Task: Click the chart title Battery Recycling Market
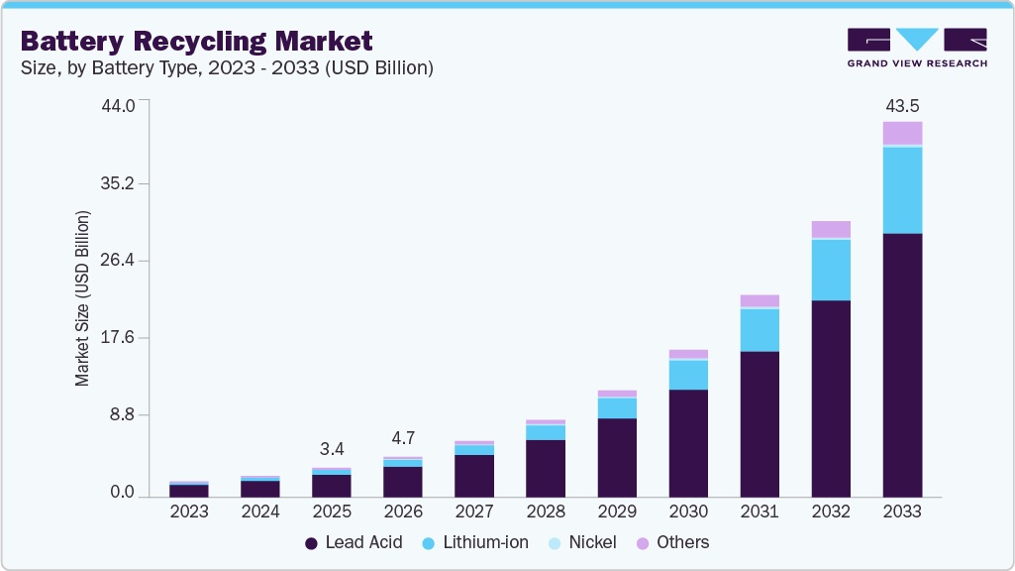tap(196, 41)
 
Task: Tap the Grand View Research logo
tap(916, 48)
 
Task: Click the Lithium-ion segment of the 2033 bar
tap(902, 190)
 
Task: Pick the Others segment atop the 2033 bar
tap(902, 133)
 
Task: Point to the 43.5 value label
tap(902, 105)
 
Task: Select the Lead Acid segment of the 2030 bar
tap(688, 443)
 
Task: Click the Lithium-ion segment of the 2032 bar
tap(831, 270)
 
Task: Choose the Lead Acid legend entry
tap(354, 542)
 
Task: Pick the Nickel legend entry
tap(581, 542)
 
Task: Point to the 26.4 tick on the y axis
tap(127, 261)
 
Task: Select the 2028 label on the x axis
tap(546, 513)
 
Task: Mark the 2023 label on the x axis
tap(189, 513)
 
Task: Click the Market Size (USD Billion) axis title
tap(83, 298)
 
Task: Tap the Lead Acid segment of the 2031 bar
tap(760, 424)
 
